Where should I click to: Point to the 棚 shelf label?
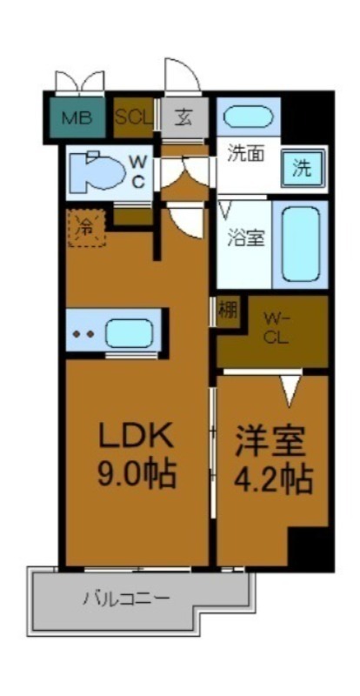pos(226,311)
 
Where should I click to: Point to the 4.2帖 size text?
pos(271,478)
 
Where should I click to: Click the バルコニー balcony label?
pos(127,599)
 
